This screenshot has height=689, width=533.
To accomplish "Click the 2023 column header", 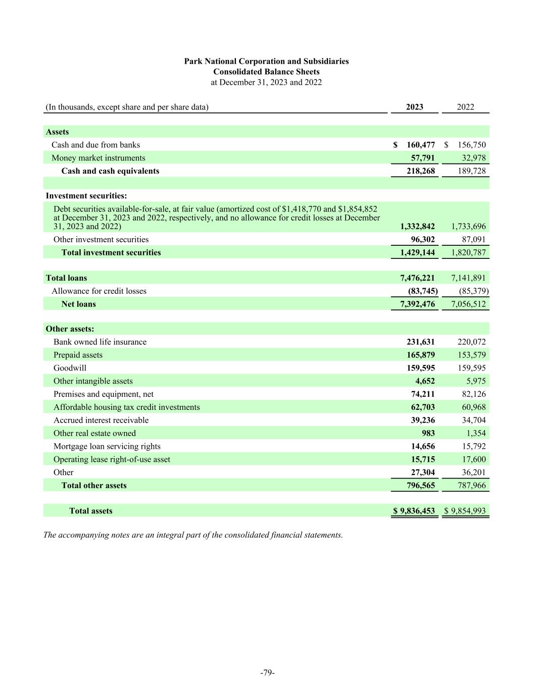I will click(x=414, y=107).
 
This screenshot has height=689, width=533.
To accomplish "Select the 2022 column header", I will click(x=465, y=107).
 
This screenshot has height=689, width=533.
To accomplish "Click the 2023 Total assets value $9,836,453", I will click(x=414, y=511).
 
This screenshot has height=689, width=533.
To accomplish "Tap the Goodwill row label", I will click(x=70, y=368).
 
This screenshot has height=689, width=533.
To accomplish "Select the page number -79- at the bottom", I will click(x=267, y=672).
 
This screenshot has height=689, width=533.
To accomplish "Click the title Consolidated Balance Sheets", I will click(x=266, y=72).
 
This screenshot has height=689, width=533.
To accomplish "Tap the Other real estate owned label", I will click(x=94, y=433).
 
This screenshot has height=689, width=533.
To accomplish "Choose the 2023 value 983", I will click(x=428, y=433).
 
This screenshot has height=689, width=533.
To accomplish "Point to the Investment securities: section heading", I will click(x=86, y=196).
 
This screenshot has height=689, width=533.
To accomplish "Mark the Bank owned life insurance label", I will click(x=100, y=342).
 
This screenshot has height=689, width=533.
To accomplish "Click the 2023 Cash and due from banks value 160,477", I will click(x=420, y=145).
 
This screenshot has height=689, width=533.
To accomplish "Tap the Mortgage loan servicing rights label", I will click(x=107, y=446).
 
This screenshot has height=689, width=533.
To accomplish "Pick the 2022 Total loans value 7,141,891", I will click(x=468, y=278).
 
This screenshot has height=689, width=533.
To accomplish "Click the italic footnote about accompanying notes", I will click(x=193, y=535).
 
